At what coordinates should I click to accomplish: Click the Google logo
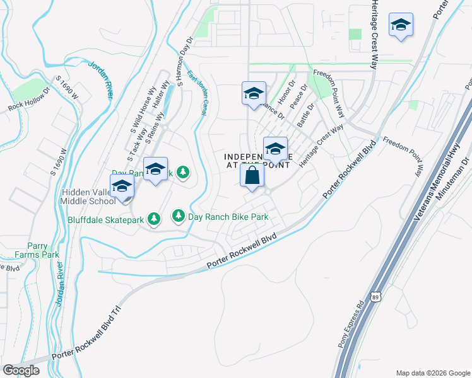pos(21,370)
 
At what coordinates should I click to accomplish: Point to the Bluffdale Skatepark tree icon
pos(153,219)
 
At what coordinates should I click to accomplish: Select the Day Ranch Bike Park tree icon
pos(179,216)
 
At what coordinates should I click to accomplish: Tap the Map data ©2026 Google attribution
pos(432,372)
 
